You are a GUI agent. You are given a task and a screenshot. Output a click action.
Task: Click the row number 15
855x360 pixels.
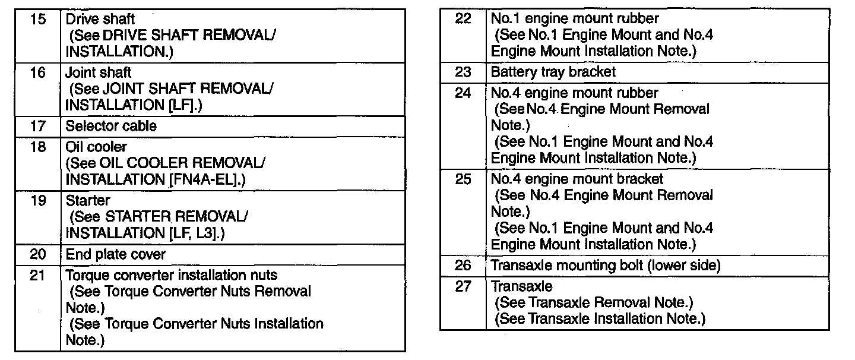pyautogui.click(x=37, y=20)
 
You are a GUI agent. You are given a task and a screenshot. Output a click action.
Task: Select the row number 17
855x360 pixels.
pyautogui.click(x=37, y=126)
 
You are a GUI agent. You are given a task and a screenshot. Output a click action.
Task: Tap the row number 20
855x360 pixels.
pyautogui.click(x=37, y=254)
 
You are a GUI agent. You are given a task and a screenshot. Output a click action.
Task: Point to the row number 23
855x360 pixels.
pyautogui.click(x=463, y=72)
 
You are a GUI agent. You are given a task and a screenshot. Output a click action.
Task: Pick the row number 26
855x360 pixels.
pyautogui.click(x=463, y=266)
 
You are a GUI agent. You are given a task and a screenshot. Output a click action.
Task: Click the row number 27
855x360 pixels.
pyautogui.click(x=463, y=287)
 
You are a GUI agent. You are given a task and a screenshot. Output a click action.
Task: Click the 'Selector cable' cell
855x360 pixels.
pyautogui.click(x=111, y=126)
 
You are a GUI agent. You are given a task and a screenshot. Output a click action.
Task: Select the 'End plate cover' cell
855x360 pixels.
pyautogui.click(x=116, y=254)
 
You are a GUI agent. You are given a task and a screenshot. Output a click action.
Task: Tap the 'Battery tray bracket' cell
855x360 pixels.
pyautogui.click(x=553, y=72)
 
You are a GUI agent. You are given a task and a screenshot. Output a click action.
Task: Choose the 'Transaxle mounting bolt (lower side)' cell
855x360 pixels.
pyautogui.click(x=606, y=266)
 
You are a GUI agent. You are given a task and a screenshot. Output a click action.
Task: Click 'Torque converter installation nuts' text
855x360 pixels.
pyautogui.click(x=172, y=276)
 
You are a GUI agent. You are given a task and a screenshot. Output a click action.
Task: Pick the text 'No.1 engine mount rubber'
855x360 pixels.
pyautogui.click(x=575, y=19)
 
